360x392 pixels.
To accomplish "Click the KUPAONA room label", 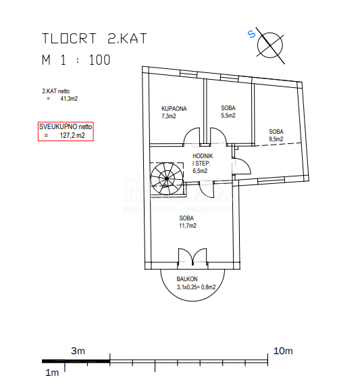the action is point(174,109).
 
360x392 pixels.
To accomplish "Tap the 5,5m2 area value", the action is point(228,116).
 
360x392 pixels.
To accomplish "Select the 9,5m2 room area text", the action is point(276,139).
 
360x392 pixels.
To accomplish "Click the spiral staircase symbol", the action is point(167,178).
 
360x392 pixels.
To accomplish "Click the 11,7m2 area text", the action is point(188,226).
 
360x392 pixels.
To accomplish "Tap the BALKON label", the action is point(187,279).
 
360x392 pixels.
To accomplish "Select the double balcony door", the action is point(192,257).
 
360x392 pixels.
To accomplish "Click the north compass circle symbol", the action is point(270,45).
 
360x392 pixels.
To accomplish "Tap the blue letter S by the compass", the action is point(251,34).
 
